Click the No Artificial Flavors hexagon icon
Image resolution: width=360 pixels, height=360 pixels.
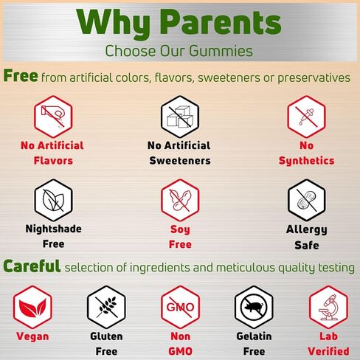[x=53, y=117]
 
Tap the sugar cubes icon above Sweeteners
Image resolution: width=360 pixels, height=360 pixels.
[x=180, y=117]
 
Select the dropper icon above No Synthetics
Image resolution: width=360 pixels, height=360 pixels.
[x=307, y=117]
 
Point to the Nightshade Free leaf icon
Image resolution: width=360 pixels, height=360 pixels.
[x=53, y=200]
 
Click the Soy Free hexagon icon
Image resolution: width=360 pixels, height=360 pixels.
[x=180, y=200]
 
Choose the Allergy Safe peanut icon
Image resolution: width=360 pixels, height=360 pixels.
[x=307, y=200]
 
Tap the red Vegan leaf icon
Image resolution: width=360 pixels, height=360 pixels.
[x=32, y=307]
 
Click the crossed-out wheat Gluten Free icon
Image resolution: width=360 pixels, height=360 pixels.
[x=106, y=307]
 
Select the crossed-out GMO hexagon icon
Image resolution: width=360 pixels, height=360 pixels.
[x=180, y=307]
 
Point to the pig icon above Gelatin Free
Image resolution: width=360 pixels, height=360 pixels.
[x=254, y=307]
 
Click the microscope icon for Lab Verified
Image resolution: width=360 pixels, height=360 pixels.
[x=328, y=307]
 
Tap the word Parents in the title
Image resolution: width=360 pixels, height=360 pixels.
[x=222, y=22]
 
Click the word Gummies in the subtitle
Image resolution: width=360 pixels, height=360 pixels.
[x=221, y=51]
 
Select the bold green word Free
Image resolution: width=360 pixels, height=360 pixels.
[x=21, y=75]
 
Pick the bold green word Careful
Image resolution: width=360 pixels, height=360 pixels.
[x=32, y=266]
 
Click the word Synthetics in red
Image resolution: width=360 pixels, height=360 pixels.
[x=306, y=161]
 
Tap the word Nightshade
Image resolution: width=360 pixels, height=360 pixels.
[x=53, y=229]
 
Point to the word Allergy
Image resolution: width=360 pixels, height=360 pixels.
[x=307, y=229]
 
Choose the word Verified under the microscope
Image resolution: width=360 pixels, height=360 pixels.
[x=328, y=351]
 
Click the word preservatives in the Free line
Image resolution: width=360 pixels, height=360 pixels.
[x=314, y=78]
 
